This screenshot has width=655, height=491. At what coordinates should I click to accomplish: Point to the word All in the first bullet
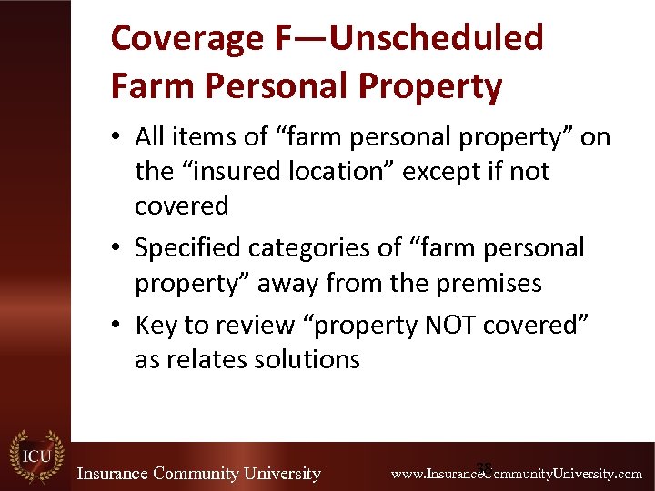(149, 137)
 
